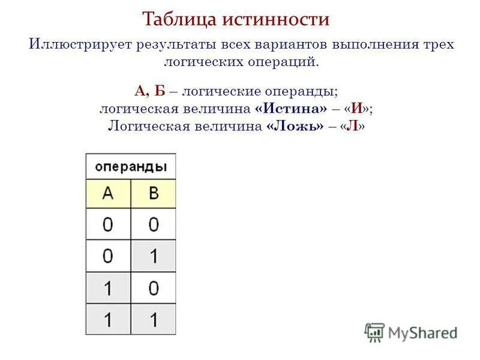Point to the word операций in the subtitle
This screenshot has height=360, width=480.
pos(287,62)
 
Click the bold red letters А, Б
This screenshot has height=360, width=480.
pos(150,92)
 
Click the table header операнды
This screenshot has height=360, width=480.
pos(131,166)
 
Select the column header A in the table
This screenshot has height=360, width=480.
pos(108,193)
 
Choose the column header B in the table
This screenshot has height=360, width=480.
pos(154,193)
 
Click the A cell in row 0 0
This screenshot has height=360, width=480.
pos(108,224)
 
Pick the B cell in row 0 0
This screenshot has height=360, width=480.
pos(154,224)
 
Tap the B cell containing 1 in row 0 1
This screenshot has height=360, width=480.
pos(154,256)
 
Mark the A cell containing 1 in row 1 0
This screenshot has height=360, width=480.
pos(108,288)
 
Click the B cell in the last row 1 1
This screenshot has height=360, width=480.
pos(154,319)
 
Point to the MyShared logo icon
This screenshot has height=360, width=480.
pos(374,332)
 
